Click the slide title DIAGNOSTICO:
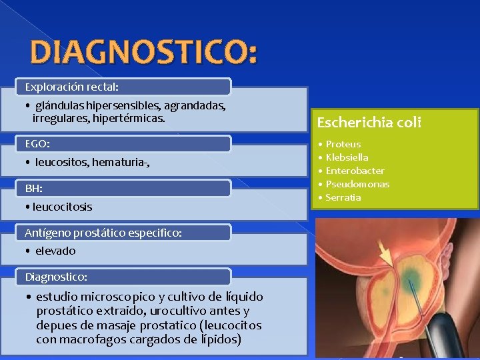click(143, 53)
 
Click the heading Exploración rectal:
click(71, 87)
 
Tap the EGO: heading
click(37, 143)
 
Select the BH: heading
click(33, 189)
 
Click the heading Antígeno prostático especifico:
click(103, 233)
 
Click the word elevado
click(55, 251)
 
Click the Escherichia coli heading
click(369, 123)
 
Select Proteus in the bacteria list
click(343, 144)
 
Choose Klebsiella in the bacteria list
click(347, 157)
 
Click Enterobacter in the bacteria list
click(355, 171)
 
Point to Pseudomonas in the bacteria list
click(357, 184)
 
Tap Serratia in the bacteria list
click(343, 197)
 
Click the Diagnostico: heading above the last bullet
click(56, 276)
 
